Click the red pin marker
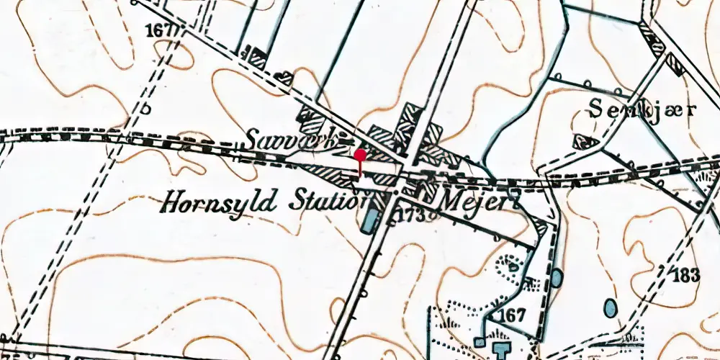(x=359, y=156)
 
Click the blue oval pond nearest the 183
(x=611, y=309)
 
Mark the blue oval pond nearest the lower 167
(x=557, y=277)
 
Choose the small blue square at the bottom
(x=480, y=343)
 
